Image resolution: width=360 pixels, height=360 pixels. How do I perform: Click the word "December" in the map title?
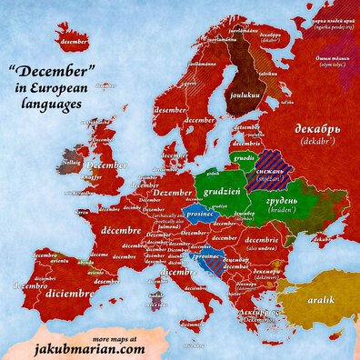click(52, 71)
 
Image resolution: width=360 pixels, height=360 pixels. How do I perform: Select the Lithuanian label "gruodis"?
click(243, 155)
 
